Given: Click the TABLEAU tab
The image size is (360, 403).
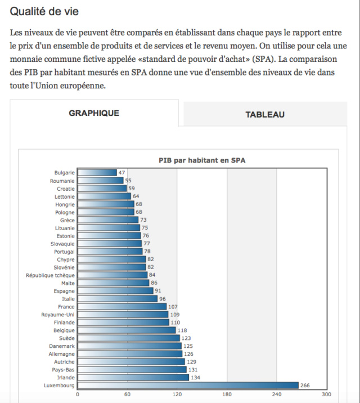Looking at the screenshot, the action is coord(265,114).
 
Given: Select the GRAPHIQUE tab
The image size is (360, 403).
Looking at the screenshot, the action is coord(94,113).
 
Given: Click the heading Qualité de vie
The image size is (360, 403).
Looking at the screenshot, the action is coord(44,11).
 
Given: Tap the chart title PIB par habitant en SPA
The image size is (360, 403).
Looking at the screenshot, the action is coord(202,160).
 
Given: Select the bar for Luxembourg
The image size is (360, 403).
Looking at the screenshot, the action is coord(188,385).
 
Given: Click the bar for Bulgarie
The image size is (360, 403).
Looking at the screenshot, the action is coord(97,172).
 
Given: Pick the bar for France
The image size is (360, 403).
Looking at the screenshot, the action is coord(122,306).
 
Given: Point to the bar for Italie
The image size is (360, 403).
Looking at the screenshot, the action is coord(118,299).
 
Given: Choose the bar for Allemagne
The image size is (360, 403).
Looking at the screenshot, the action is coord(130,353).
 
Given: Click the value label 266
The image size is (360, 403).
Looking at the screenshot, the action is coord(305,386).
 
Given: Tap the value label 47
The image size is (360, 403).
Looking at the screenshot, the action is coord(121,173).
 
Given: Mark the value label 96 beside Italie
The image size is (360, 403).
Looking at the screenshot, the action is coord(163,299).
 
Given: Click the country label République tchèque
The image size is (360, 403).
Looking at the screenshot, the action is coord(50,275).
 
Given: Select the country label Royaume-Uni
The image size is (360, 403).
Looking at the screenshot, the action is coord(58,315).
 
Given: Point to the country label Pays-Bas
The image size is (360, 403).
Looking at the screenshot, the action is coord(63,370).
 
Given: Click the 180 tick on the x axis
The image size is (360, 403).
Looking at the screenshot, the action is coord(227,394).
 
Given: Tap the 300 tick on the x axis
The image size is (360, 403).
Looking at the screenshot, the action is coord(326,394).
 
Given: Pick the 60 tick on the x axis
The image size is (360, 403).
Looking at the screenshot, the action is coord(127,394).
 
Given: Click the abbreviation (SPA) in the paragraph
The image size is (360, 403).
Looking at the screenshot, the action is coord(264,59).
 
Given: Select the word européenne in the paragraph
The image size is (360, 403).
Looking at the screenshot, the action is coord(83,86).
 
